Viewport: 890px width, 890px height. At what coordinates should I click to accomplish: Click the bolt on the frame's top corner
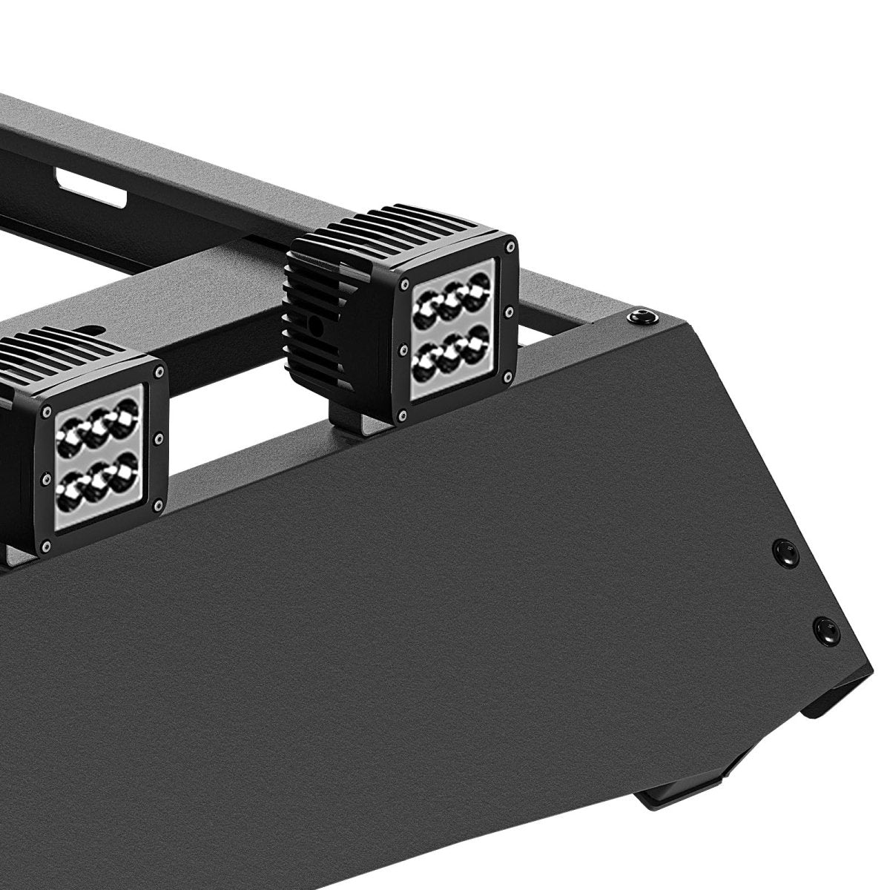point(636,317)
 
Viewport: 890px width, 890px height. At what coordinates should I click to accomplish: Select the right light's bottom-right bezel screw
point(507,378)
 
